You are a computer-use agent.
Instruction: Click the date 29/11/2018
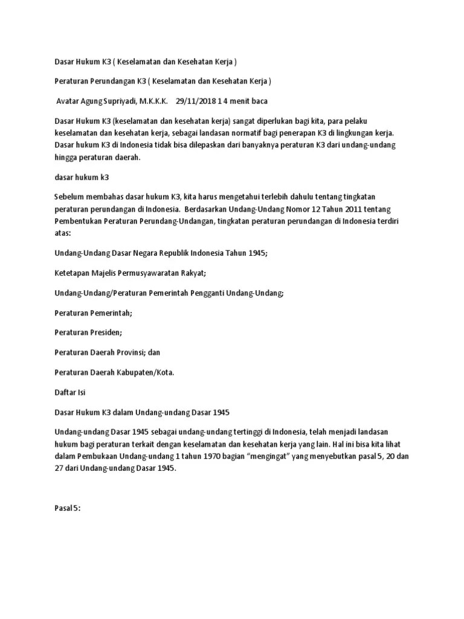coord(197,101)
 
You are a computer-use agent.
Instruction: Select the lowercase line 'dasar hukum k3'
coord(82,177)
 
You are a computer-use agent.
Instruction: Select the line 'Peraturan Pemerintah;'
coord(93,313)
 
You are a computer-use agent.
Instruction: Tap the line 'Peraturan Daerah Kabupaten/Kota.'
coord(114,372)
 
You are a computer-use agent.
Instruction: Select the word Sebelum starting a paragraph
coord(69,196)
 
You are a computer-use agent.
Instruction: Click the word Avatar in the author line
coord(69,101)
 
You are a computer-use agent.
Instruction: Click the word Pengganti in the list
coord(206,293)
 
